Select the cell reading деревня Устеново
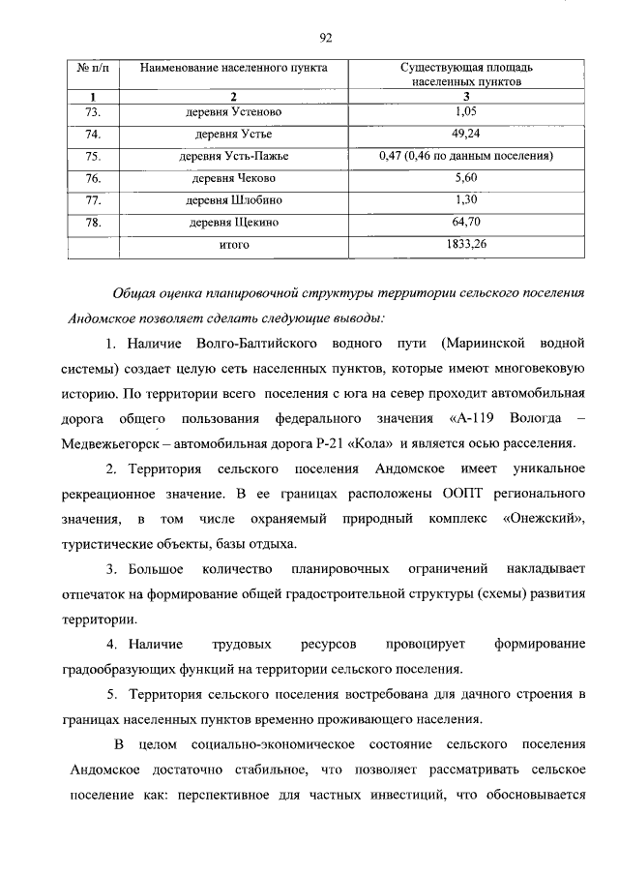(x=233, y=112)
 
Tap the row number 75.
(x=94, y=156)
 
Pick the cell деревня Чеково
(x=233, y=178)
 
